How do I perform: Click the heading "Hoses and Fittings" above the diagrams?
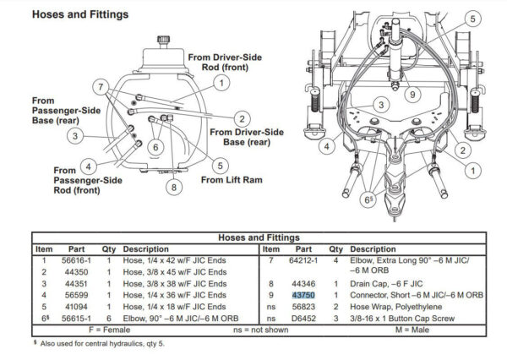click(x=80, y=14)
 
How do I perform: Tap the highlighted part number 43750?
click(x=303, y=295)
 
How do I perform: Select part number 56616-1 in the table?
click(x=76, y=260)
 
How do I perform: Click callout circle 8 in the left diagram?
click(x=174, y=187)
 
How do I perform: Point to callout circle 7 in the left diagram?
click(x=101, y=87)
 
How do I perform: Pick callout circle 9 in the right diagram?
click(x=412, y=95)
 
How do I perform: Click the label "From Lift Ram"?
click(x=232, y=180)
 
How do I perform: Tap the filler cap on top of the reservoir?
click(x=164, y=41)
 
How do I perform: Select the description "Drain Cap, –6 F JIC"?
click(x=386, y=284)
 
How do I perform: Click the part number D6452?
click(x=303, y=319)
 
